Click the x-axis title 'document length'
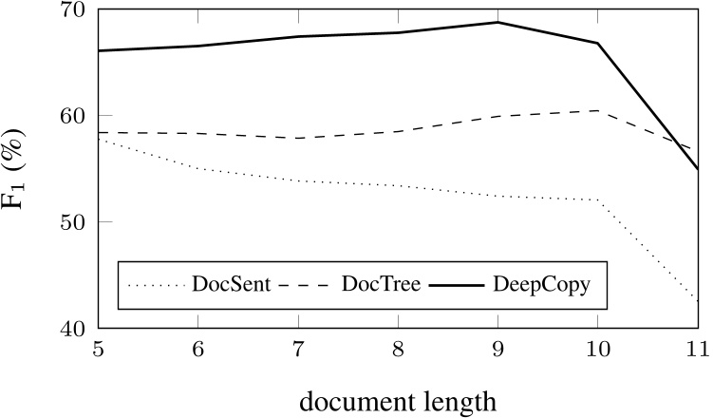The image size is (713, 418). point(398,401)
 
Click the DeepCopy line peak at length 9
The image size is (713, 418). point(498,23)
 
